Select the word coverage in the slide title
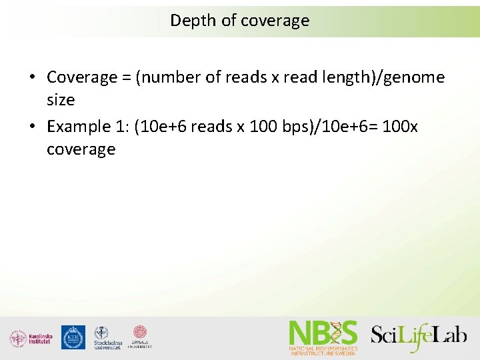(x=275, y=21)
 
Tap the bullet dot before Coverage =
(x=33, y=78)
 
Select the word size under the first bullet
(x=61, y=101)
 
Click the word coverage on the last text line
(x=81, y=149)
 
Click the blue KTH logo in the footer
(x=73, y=337)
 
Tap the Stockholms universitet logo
(x=107, y=338)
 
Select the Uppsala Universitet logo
(x=140, y=337)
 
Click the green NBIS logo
(x=323, y=337)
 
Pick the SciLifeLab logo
(x=419, y=335)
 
